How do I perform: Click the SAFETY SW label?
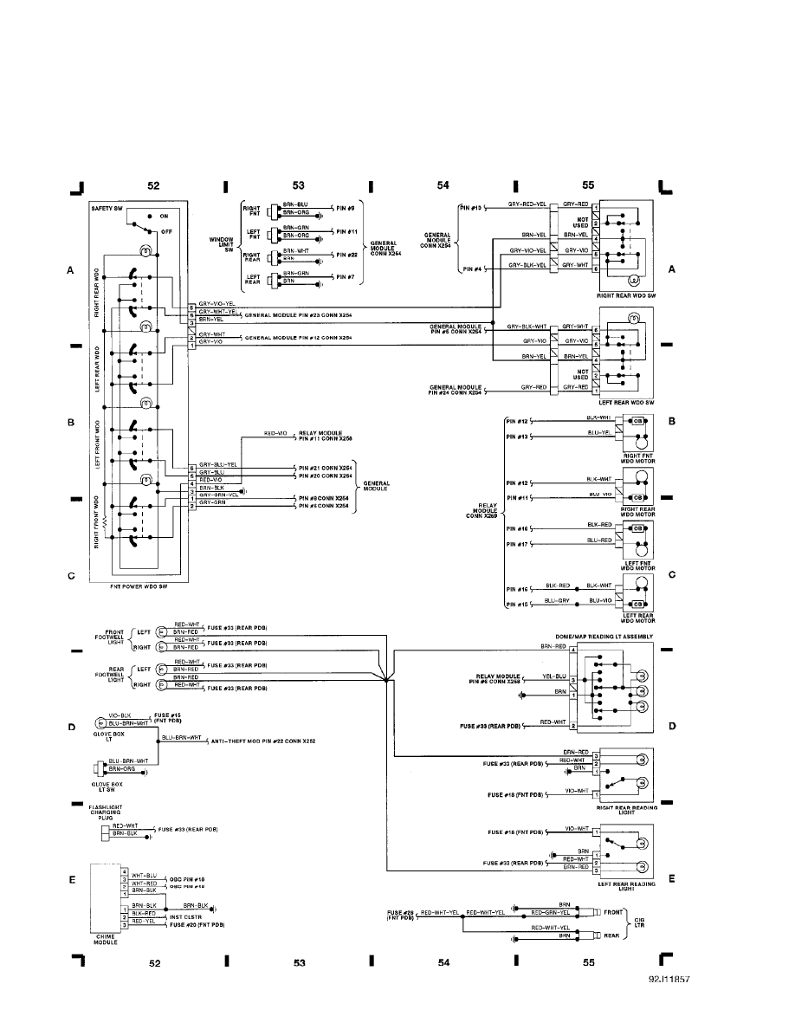109,209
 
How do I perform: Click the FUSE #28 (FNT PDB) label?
403,916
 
